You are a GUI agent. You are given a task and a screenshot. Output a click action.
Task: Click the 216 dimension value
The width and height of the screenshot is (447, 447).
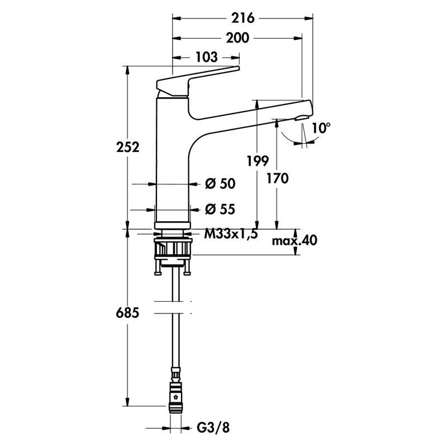(243, 18)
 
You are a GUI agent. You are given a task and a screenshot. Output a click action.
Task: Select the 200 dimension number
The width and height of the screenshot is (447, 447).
(237, 38)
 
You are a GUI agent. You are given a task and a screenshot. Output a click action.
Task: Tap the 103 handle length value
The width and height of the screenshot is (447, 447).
(206, 58)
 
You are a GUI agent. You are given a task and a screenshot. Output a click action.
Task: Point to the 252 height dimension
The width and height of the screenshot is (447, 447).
(127, 148)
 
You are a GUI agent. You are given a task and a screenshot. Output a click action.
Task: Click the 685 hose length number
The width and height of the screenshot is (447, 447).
(127, 313)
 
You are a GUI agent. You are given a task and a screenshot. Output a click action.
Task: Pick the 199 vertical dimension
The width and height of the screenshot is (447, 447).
(258, 161)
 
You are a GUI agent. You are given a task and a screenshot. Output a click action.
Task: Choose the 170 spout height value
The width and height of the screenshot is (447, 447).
(277, 179)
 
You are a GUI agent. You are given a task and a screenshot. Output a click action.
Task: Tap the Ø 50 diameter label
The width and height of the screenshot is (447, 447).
(220, 184)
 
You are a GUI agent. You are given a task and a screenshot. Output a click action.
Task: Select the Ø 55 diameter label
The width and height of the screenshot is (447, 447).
(220, 210)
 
